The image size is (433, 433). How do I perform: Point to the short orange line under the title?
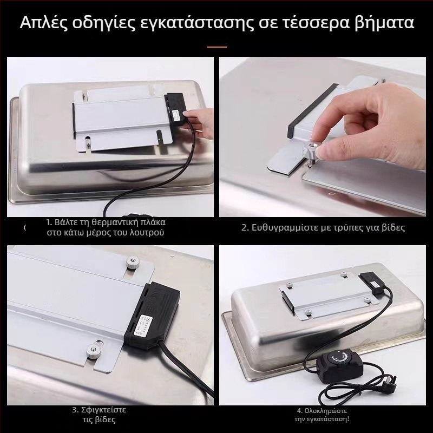pyautogui.click(x=216, y=47)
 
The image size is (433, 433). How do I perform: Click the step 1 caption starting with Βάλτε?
pyautogui.click(x=106, y=227)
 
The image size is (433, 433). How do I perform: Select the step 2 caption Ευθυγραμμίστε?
pyautogui.click(x=323, y=227)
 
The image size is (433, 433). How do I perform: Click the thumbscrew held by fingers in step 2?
pyautogui.click(x=312, y=151)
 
